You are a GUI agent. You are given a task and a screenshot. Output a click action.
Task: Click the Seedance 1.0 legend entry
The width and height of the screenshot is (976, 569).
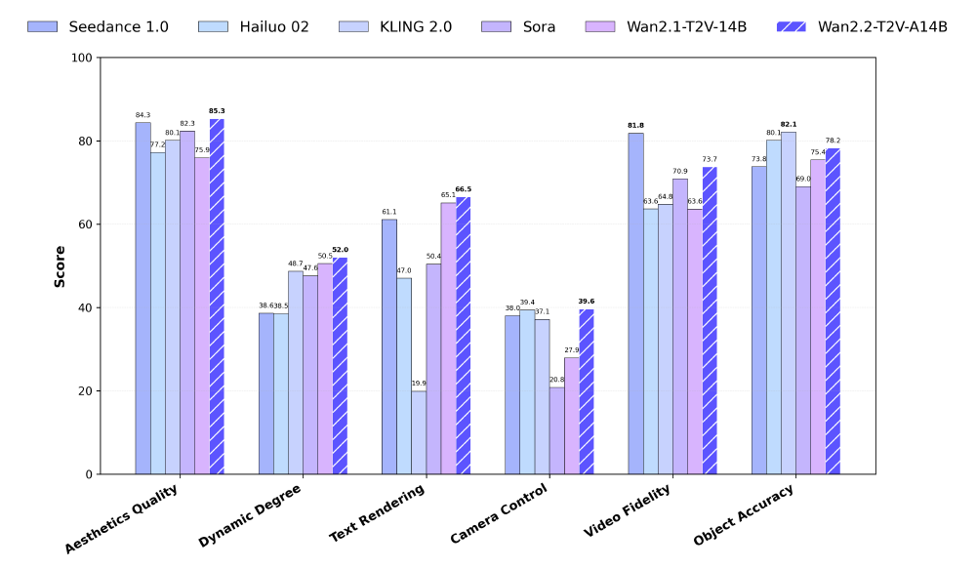(98, 26)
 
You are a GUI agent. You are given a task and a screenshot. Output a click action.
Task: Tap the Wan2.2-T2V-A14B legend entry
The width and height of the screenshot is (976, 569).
(860, 26)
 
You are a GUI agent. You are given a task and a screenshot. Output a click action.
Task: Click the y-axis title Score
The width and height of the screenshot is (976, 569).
(60, 265)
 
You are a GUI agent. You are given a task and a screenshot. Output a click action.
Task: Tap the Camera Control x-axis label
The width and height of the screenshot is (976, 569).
(500, 514)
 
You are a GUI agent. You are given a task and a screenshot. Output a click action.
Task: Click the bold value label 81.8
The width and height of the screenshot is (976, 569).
(635, 126)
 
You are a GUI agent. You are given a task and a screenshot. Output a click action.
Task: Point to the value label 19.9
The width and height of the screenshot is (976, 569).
(419, 384)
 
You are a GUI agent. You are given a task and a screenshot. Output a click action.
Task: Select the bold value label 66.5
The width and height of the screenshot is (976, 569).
(464, 189)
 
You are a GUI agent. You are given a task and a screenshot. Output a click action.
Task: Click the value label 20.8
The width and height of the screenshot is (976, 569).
(556, 380)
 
